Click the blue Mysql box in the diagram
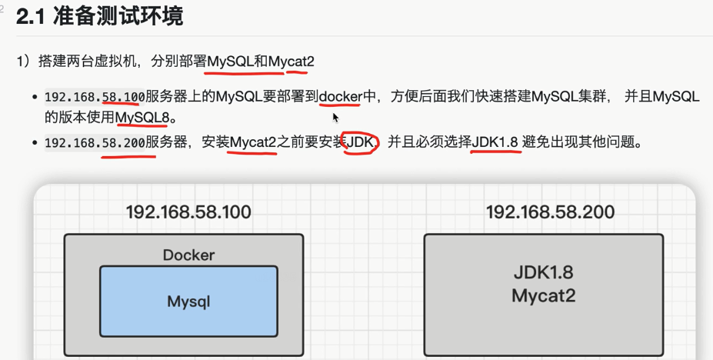pos(188,301)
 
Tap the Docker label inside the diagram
pos(188,255)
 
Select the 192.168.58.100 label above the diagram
pos(188,212)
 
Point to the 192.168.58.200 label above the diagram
pos(550,212)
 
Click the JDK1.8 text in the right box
pos(543,273)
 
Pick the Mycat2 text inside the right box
pos(543,295)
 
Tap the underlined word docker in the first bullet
pos(340,97)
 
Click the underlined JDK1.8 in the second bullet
pos(495,142)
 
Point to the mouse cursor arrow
pos(335,117)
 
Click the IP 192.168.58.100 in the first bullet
pos(95,97)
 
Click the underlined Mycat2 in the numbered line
pos(292,61)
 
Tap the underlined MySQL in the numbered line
pos(230,61)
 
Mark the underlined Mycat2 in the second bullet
pos(253,142)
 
